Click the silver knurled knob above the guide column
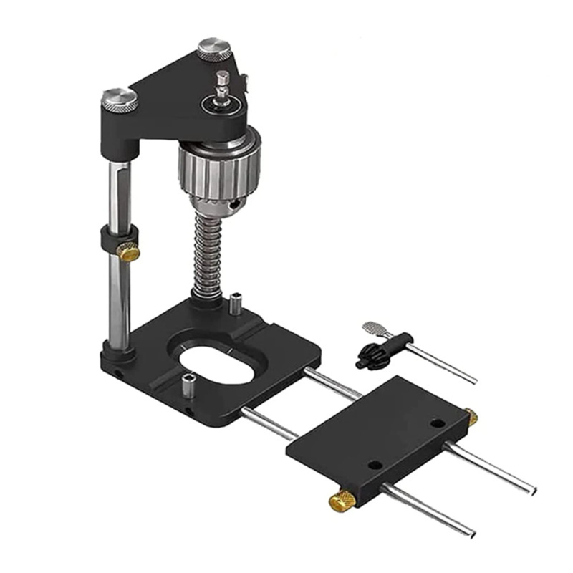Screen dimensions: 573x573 [120, 100]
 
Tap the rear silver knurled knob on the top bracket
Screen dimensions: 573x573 [214, 49]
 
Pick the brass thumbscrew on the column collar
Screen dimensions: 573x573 [130, 251]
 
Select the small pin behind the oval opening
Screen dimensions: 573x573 [235, 302]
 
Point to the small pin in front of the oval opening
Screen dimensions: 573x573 [188, 386]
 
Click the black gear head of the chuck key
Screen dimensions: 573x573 [372, 352]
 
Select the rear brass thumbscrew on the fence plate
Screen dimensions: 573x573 [471, 417]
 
